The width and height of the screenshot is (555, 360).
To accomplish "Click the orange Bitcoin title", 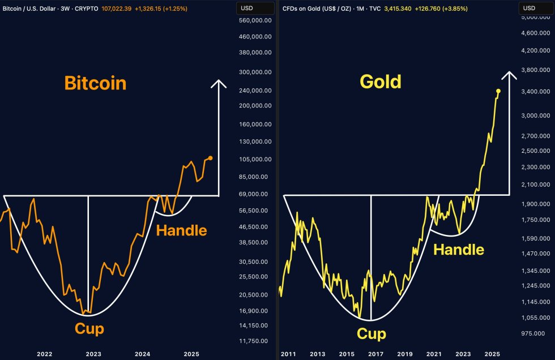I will [x=95, y=83].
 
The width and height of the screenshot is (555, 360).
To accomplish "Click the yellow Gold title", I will [x=381, y=82].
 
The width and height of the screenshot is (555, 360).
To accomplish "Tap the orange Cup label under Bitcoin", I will [x=89, y=329].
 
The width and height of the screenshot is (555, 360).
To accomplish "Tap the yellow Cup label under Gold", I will [x=371, y=334].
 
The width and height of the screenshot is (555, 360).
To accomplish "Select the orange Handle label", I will [x=181, y=230].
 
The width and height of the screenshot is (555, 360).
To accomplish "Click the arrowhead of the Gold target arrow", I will [x=509, y=75].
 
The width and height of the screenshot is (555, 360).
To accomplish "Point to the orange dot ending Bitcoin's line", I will [x=211, y=158].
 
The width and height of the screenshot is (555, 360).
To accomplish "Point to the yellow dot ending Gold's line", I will [x=498, y=91].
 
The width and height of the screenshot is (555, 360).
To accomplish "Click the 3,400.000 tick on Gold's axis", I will [x=536, y=92].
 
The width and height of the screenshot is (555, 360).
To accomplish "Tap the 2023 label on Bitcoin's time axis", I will [x=93, y=354].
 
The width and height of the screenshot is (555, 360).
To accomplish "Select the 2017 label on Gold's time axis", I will [x=376, y=354].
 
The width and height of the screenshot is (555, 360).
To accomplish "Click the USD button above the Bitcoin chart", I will [x=247, y=8].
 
